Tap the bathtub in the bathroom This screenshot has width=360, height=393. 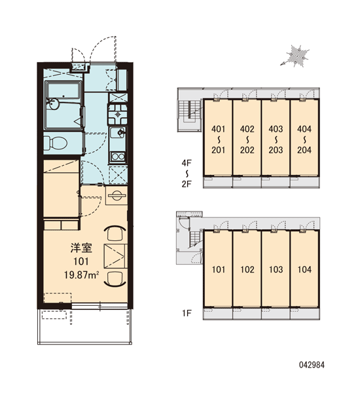pos(63,91)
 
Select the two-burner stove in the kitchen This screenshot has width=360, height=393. pos(118,157)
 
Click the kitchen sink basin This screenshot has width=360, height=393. pos(118,132)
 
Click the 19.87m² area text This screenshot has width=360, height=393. pos(81,275)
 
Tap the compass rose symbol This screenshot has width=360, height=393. pos(295,56)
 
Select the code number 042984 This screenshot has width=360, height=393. pos(312,365)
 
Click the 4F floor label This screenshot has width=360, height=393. pos(187,163)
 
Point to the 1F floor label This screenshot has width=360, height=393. pos(187,313)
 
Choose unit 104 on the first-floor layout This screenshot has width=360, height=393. pos(304,269)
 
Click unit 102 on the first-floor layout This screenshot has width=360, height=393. pos(247,269)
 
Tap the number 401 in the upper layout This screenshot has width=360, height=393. pos(218,129)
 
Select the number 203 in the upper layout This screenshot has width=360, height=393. pos(276,150)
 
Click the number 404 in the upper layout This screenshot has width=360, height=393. pos(304,129)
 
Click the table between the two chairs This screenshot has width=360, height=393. pos(115,255)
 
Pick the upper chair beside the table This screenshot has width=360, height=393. pos(115,233)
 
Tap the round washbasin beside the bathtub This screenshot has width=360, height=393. pos(54,103)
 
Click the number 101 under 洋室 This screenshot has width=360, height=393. pos(81,261)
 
